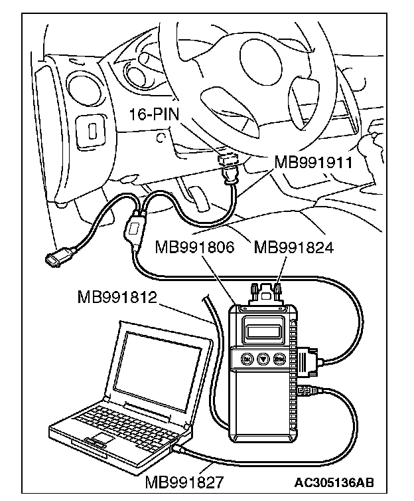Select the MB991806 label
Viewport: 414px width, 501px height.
194,249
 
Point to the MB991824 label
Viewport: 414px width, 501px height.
293,249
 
